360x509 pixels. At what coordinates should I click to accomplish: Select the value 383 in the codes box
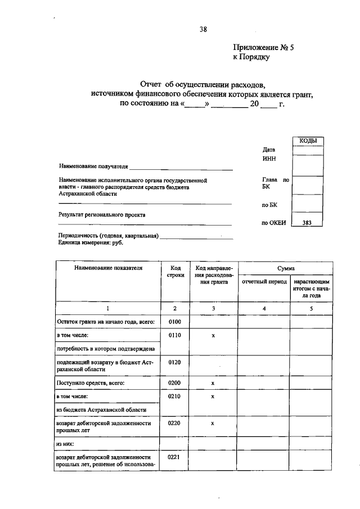(x=307, y=222)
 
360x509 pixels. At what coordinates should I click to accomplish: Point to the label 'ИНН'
(x=269, y=159)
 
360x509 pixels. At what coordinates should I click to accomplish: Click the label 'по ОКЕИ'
(x=274, y=222)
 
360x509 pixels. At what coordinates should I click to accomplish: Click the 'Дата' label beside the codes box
(x=269, y=150)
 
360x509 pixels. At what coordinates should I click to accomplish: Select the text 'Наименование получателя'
(x=93, y=166)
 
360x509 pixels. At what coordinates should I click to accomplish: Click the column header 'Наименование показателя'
(x=108, y=268)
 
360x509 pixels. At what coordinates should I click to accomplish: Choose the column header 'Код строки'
(x=175, y=272)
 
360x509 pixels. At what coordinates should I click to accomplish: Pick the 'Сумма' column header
(x=286, y=268)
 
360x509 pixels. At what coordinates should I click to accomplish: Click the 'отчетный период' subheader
(x=264, y=281)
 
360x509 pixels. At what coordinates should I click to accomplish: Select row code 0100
(x=175, y=321)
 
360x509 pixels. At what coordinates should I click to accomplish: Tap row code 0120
(x=175, y=362)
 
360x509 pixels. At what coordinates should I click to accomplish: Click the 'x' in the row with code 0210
(x=213, y=397)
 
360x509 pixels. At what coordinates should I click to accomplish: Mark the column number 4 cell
(x=264, y=308)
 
